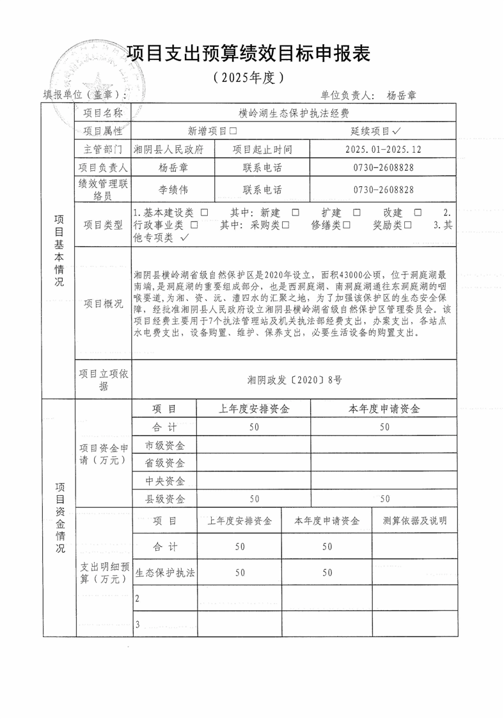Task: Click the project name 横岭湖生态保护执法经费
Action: click(294, 113)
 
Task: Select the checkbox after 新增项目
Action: click(233, 131)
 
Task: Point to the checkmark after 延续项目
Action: click(397, 130)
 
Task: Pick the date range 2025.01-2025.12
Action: click(383, 150)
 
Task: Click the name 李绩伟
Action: click(173, 190)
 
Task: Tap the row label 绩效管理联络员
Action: click(103, 189)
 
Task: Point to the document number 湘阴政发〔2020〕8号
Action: click(294, 379)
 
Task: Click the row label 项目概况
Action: click(103, 303)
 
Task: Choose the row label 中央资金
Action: click(165, 480)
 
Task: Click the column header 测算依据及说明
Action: click(414, 521)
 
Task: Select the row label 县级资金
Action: click(165, 498)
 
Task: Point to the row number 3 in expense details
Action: click(138, 624)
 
